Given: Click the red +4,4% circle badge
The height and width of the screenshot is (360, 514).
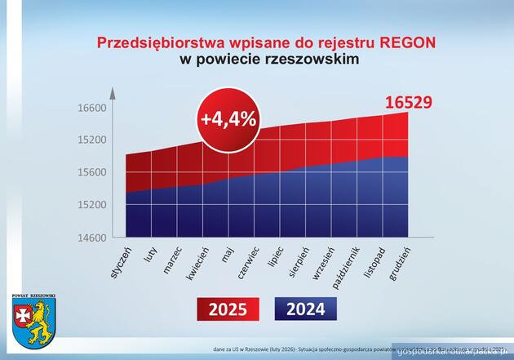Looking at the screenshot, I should click(228, 118).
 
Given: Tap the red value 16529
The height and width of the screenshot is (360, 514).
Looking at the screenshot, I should click(408, 104).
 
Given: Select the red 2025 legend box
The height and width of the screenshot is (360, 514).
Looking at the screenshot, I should click(228, 309).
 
